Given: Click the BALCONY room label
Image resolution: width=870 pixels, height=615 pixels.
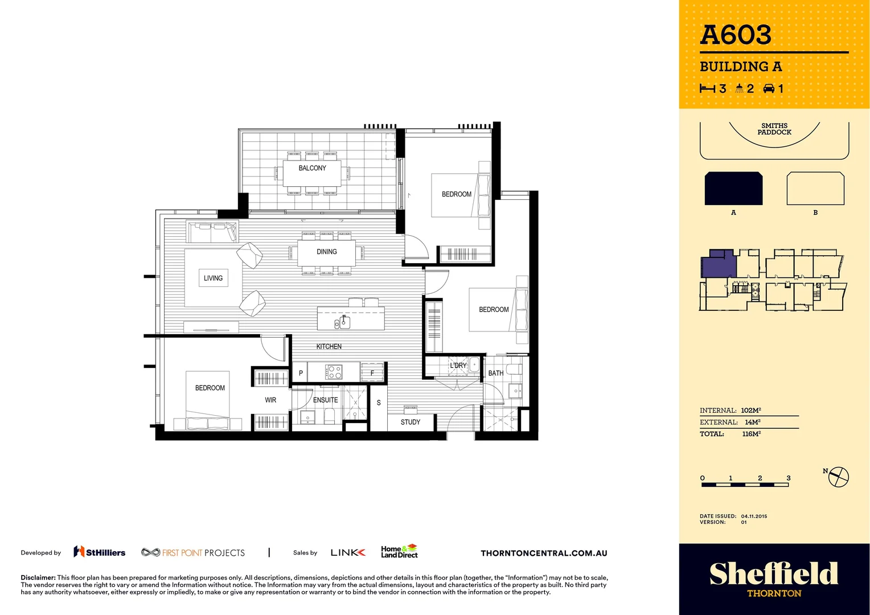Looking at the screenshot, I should point(312,168).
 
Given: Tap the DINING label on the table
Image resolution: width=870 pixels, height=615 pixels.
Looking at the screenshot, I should point(327,252).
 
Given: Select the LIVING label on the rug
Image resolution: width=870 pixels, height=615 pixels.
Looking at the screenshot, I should point(213,278).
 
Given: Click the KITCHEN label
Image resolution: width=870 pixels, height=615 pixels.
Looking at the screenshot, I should point(329,346).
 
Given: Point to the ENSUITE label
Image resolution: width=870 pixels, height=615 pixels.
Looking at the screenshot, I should point(325,400).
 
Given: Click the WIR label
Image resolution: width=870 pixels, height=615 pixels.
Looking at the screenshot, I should point(270,400).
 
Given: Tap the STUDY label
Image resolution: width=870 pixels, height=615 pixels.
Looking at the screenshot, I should point(410,422).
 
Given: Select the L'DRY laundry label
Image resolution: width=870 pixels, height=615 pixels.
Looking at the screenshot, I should point(458,366).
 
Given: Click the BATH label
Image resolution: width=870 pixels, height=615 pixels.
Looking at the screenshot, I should point(495,374).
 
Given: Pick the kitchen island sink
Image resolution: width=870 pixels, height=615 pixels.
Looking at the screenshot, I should point(342,322).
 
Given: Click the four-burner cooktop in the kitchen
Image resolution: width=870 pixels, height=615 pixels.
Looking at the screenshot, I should point(334,372).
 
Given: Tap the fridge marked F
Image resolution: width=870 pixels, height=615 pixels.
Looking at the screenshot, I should point(372,373).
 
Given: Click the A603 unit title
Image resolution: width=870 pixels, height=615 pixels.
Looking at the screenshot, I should point(736,35).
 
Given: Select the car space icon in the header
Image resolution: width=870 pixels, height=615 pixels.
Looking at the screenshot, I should point(769,88).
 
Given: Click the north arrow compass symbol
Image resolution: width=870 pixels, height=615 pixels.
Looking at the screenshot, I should point(838,477).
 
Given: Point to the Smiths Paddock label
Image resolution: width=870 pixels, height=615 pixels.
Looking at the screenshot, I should point(774,129).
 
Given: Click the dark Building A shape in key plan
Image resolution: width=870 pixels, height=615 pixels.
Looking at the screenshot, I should point(733,188).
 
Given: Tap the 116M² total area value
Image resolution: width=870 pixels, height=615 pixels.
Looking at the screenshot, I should point(751,434).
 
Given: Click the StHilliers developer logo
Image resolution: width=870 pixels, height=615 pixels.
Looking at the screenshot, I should point(100,552).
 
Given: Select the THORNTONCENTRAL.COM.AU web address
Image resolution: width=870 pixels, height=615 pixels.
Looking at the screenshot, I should point(544,553).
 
